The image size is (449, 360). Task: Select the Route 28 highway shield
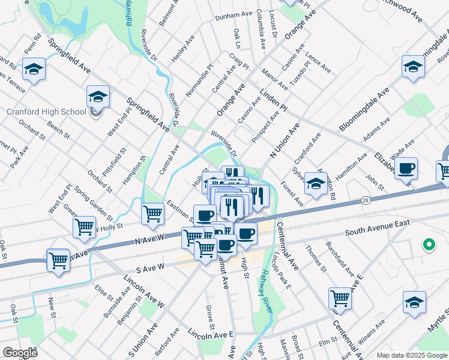(x=365, y=200)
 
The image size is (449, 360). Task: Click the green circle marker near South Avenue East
(x=429, y=244)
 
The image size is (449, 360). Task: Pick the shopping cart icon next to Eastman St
(x=153, y=213)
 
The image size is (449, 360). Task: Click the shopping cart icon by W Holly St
(x=84, y=227)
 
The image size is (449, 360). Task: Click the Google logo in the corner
(x=20, y=353)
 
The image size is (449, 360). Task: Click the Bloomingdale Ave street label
(x=364, y=109)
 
